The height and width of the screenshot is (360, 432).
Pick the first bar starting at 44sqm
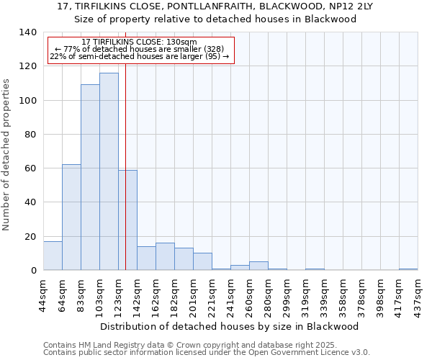coord(53,256)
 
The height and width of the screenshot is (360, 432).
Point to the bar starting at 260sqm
coord(258,266)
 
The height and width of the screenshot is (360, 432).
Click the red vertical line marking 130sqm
coord(125,158)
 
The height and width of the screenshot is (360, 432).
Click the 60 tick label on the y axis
coord(30,168)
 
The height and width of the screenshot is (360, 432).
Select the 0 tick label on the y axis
coord(33,271)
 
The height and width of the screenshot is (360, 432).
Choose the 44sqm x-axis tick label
coord(43,294)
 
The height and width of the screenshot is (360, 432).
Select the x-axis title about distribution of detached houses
coord(229,326)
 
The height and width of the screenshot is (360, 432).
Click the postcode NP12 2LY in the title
coord(344,6)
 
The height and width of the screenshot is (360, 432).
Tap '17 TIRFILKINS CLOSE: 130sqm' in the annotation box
coord(139,42)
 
